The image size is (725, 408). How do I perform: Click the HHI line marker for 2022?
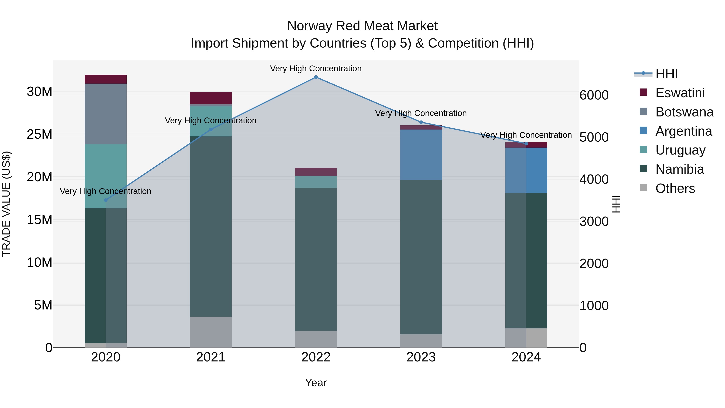pos(316,77)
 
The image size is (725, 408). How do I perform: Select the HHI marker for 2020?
pos(106,200)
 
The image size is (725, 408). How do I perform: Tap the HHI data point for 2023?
pos(421,122)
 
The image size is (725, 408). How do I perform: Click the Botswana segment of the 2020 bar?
pos(106,114)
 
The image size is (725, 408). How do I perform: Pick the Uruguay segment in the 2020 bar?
pos(106,176)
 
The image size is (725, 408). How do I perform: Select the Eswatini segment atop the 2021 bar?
pos(211,98)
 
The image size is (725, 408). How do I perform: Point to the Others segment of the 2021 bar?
pos(211,332)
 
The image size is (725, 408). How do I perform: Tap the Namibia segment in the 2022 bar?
pos(316,259)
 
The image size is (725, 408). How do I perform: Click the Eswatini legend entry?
pos(680,93)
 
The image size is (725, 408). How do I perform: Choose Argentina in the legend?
pos(683,131)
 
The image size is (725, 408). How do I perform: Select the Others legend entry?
pos(675,188)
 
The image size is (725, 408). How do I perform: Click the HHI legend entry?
pos(666,74)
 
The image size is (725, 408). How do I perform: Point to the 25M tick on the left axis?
pos(39,134)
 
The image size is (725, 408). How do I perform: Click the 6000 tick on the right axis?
pos(594,95)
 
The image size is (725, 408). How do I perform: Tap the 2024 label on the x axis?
pos(526,357)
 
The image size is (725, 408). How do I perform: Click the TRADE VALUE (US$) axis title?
pos(6,204)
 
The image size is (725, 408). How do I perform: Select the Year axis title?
pos(316,383)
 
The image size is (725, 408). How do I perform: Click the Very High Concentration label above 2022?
pos(316,69)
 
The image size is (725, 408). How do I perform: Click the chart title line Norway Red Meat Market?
pos(362,26)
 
